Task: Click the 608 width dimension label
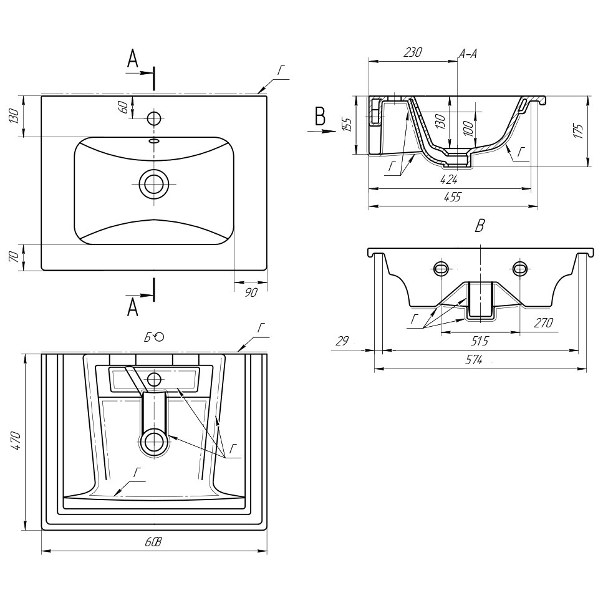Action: tap(153, 542)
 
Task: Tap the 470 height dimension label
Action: tap(16, 441)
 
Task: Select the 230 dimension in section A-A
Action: tap(413, 52)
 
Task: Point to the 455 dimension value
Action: tap(452, 197)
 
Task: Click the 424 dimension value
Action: tap(448, 179)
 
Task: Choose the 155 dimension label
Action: tap(347, 124)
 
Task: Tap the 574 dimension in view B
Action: tap(474, 360)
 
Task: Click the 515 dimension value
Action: tap(480, 340)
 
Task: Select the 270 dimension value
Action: tap(543, 322)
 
